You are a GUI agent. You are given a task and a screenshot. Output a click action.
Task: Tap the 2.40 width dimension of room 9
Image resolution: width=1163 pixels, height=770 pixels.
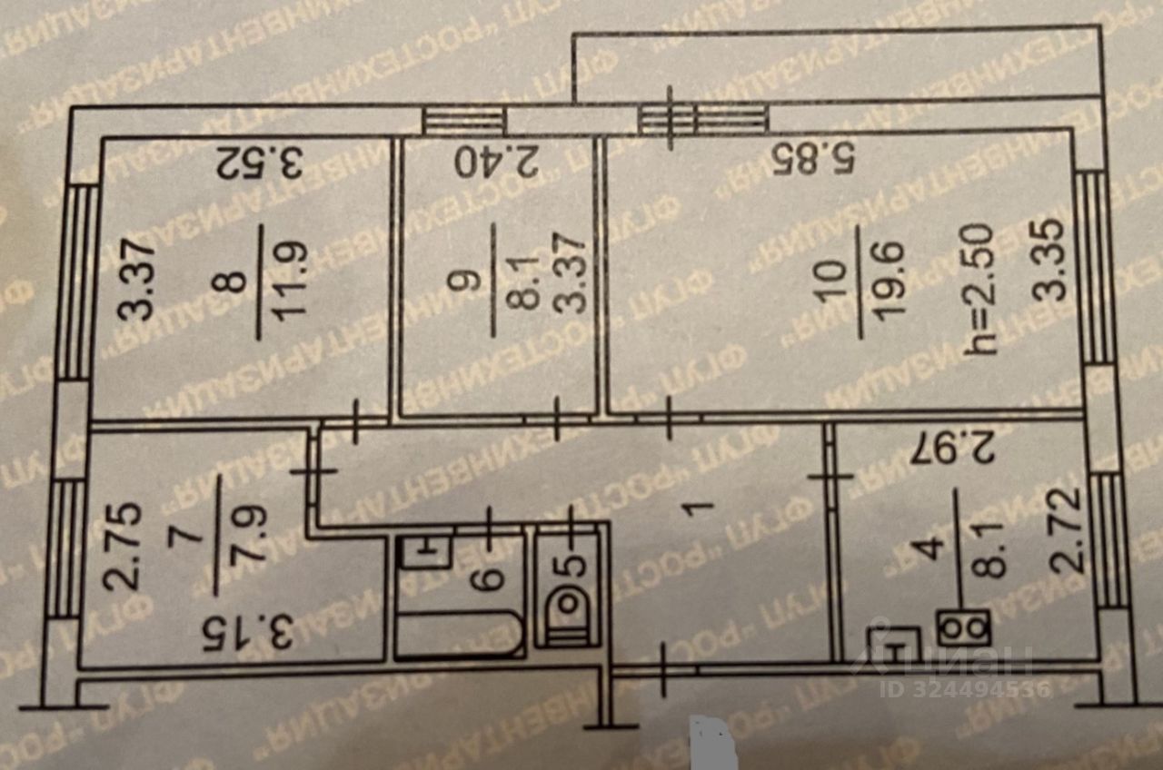(496, 163)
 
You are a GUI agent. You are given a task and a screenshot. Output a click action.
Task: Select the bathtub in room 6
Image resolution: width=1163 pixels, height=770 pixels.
(459, 633)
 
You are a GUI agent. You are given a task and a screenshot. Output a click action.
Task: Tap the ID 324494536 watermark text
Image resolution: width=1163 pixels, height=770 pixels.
(964, 689)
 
